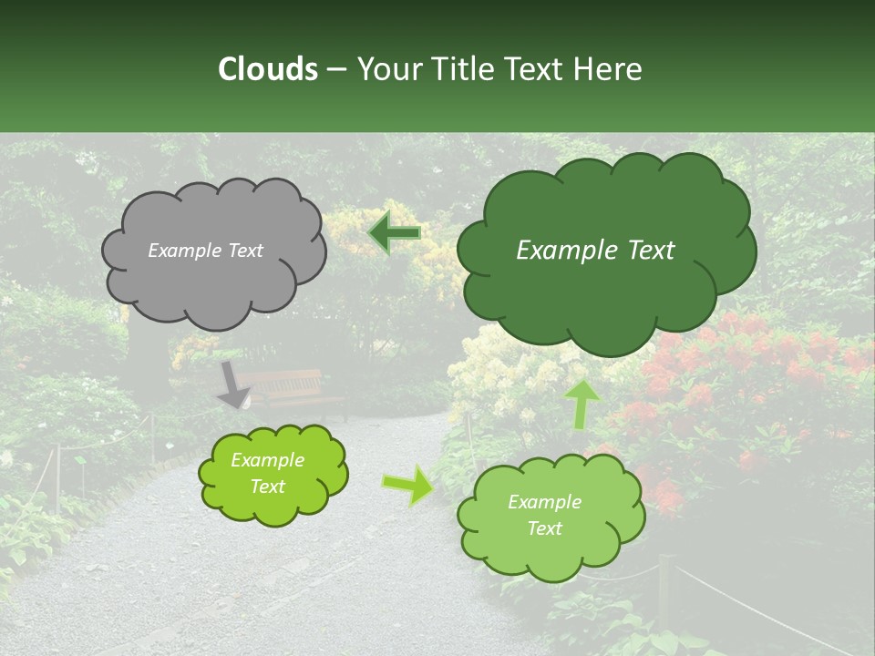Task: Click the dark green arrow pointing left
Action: [395, 232]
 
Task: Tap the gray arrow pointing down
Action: [233, 385]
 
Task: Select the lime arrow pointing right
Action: [408, 485]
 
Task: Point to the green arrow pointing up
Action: [582, 404]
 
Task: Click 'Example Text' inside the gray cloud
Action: [205, 251]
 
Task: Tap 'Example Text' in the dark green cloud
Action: [595, 251]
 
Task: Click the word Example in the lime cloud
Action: [267, 460]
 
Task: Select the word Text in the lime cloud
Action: [267, 487]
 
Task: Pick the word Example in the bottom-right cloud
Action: [544, 502]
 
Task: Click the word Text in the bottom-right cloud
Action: [544, 528]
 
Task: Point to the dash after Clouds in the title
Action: [335, 70]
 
